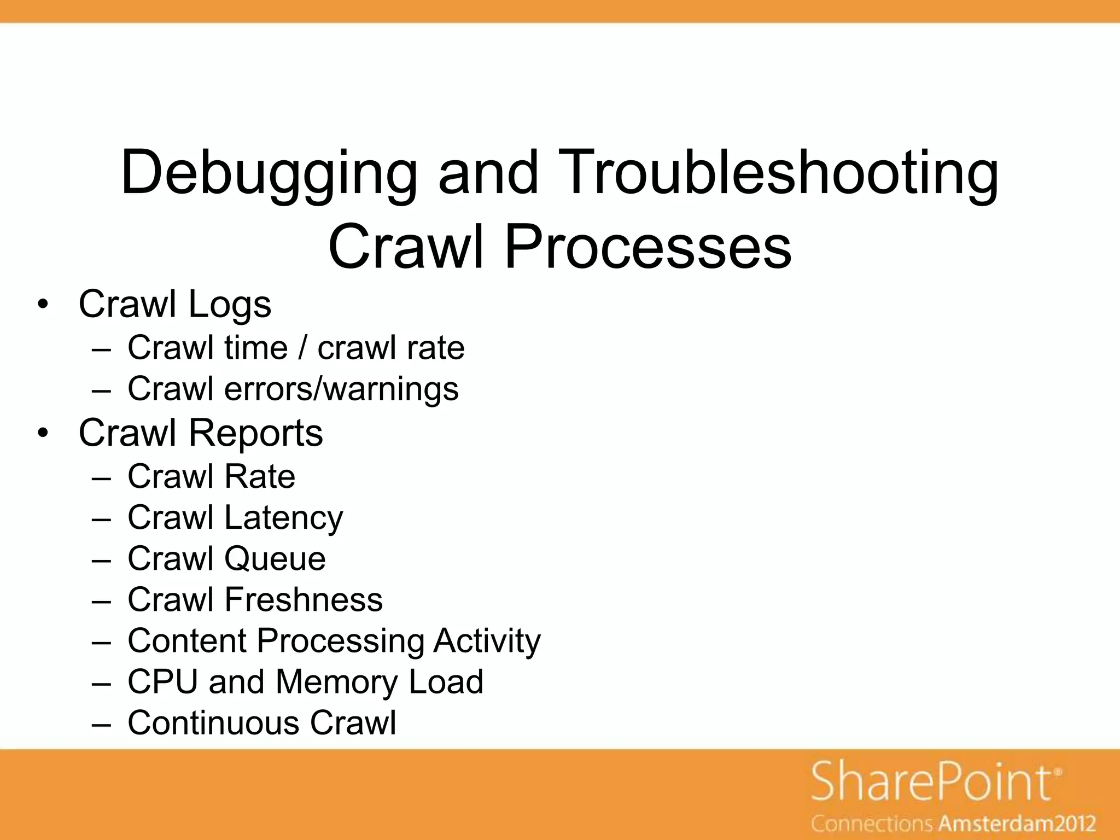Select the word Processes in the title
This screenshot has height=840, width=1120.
pyautogui.click(x=647, y=247)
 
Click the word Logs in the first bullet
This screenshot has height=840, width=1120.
pyautogui.click(x=230, y=305)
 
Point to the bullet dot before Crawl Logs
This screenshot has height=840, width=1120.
pyautogui.click(x=43, y=305)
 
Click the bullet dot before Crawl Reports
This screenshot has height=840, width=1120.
pyautogui.click(x=43, y=434)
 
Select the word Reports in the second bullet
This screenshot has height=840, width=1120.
pyautogui.click(x=255, y=434)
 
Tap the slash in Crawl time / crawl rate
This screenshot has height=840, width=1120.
pyautogui.click(x=302, y=348)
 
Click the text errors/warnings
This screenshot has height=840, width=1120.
pyautogui.click(x=341, y=389)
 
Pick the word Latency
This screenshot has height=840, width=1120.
pyautogui.click(x=284, y=518)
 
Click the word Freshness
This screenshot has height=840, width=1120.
pyautogui.click(x=304, y=600)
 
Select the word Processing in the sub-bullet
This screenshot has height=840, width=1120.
pyautogui.click(x=340, y=641)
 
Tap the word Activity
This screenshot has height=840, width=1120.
pyautogui.click(x=487, y=641)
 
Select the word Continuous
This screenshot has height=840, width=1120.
pyautogui.click(x=213, y=723)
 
